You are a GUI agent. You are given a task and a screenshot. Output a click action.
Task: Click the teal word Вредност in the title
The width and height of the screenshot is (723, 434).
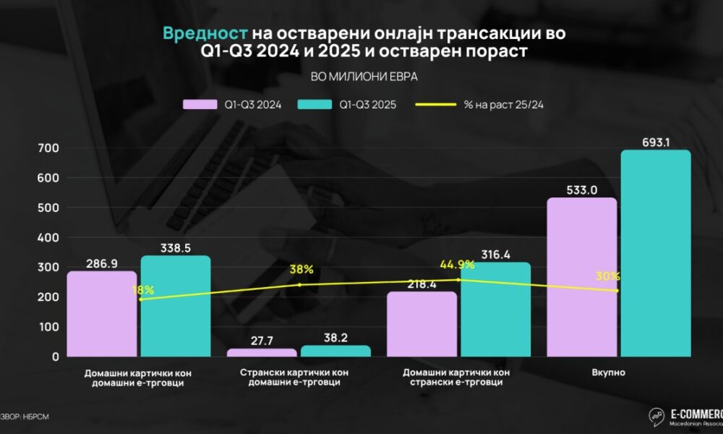[206, 33]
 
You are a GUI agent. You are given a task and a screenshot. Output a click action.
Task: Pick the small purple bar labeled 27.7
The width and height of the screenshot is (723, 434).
[262, 353]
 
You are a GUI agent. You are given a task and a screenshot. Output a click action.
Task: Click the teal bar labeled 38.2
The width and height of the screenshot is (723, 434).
[335, 351]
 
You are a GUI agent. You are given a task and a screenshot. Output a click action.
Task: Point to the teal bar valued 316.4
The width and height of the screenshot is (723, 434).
[495, 310]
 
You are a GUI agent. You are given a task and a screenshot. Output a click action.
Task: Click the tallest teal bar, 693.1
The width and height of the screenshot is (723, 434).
[655, 253]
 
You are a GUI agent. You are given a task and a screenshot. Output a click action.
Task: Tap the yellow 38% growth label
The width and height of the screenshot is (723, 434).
[301, 270]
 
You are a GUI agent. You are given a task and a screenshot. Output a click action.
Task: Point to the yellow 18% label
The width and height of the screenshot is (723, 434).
[142, 289]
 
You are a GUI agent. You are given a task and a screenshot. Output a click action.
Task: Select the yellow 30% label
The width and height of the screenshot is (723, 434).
[608, 276]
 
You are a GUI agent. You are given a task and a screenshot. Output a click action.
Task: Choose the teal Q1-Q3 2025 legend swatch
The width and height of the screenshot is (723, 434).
[313, 104]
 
